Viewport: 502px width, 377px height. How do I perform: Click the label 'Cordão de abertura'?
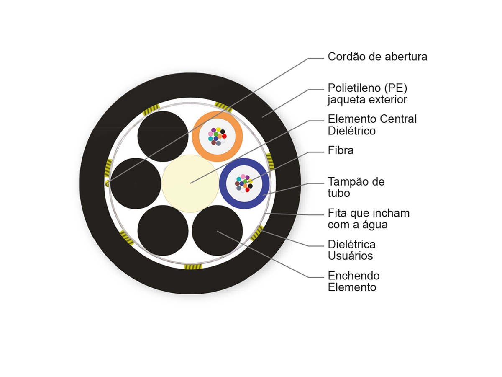(377, 57)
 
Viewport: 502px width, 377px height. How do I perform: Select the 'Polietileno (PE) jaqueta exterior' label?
(367, 93)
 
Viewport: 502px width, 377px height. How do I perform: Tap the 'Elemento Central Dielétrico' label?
(372, 125)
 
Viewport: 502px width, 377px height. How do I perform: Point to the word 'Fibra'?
(341, 150)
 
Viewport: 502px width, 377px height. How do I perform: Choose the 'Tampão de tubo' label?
(356, 187)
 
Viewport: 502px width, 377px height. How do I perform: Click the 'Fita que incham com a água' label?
(369, 219)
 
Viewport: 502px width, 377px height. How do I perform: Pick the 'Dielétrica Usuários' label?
(351, 250)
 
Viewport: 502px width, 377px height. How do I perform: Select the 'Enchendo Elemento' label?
(353, 281)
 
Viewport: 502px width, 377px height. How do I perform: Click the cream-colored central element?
(190, 183)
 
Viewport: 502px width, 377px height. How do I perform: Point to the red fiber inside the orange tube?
(224, 136)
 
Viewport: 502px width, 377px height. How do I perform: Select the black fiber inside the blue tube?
(251, 186)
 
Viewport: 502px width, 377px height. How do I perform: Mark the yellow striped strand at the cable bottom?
(193, 267)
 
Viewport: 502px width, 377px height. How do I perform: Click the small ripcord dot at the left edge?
(107, 183)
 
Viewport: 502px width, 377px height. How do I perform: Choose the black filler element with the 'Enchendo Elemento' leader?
(217, 230)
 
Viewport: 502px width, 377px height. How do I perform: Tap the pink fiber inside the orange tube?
(210, 134)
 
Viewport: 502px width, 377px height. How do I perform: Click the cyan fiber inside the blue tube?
(239, 179)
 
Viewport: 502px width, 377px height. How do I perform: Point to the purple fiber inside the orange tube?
(214, 130)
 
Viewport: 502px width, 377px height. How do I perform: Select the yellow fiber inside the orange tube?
(218, 129)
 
